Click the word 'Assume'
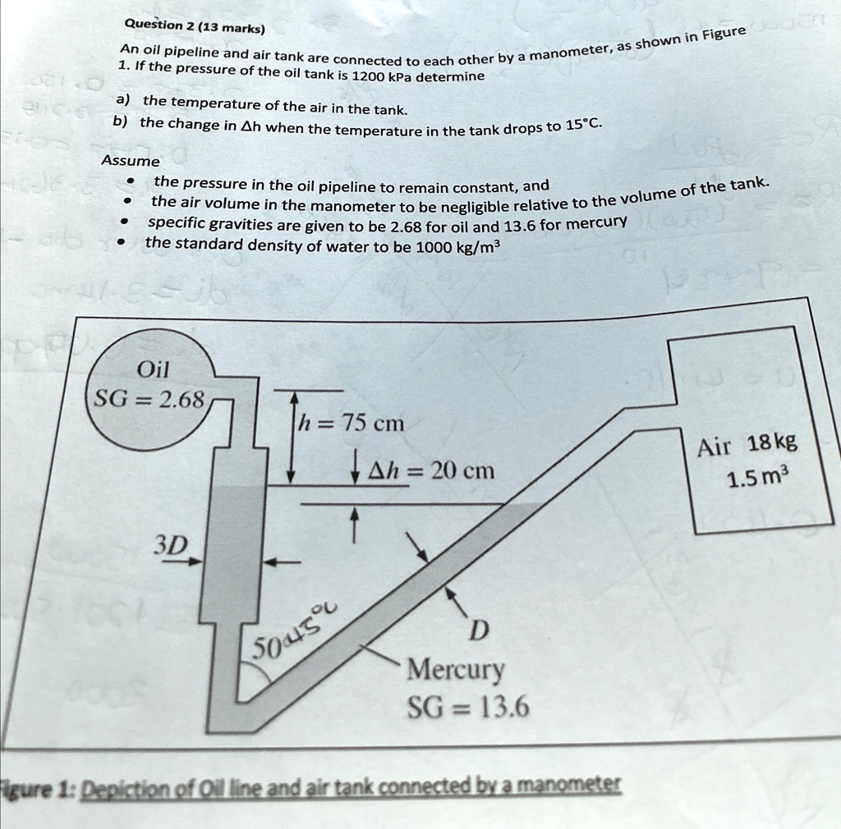131,161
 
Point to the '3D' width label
172,545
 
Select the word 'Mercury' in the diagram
457,671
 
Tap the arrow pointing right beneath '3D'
187,563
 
